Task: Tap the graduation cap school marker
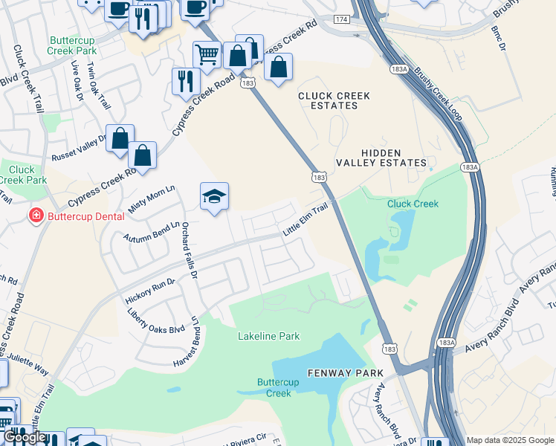(214, 197)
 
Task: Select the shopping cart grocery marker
(207, 53)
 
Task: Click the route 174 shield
(340, 19)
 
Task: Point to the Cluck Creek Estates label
(328, 101)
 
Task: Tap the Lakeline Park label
(268, 336)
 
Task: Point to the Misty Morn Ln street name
(152, 199)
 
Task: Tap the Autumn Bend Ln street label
(152, 234)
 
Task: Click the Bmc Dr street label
(498, 38)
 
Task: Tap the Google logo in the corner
(25, 437)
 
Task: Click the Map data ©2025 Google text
(509, 440)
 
